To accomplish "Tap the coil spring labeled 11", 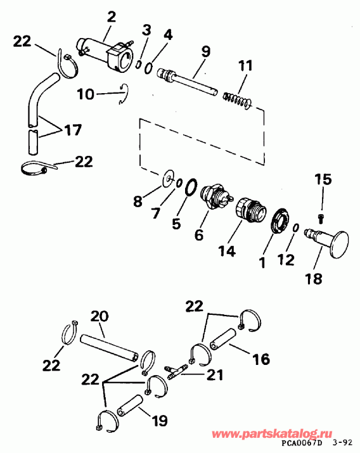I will tap(239, 98).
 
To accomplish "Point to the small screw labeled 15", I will tap(321, 219).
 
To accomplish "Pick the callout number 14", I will tap(228, 251).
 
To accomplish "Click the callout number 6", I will tap(199, 234).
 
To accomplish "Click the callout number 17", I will tap(73, 131).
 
